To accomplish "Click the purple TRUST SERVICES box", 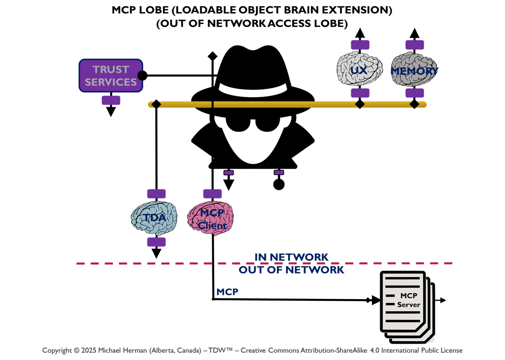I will [x=110, y=75].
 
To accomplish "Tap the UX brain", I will [x=359, y=70].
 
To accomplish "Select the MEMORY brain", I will [x=414, y=71].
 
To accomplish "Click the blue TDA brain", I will [x=154, y=217].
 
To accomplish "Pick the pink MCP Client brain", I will [x=211, y=218].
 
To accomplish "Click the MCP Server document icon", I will [x=406, y=306].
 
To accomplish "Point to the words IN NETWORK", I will [x=291, y=257].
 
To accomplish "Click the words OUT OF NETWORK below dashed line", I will [x=291, y=270].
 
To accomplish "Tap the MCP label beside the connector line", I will [x=227, y=292].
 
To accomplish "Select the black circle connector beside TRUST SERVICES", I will [x=142, y=75].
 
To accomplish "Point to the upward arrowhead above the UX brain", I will [x=359, y=33].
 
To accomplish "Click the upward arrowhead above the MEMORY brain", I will [x=414, y=33].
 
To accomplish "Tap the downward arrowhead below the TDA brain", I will [x=156, y=253].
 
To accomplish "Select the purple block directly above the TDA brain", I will [x=156, y=194].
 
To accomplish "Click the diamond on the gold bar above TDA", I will [x=156, y=104].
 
